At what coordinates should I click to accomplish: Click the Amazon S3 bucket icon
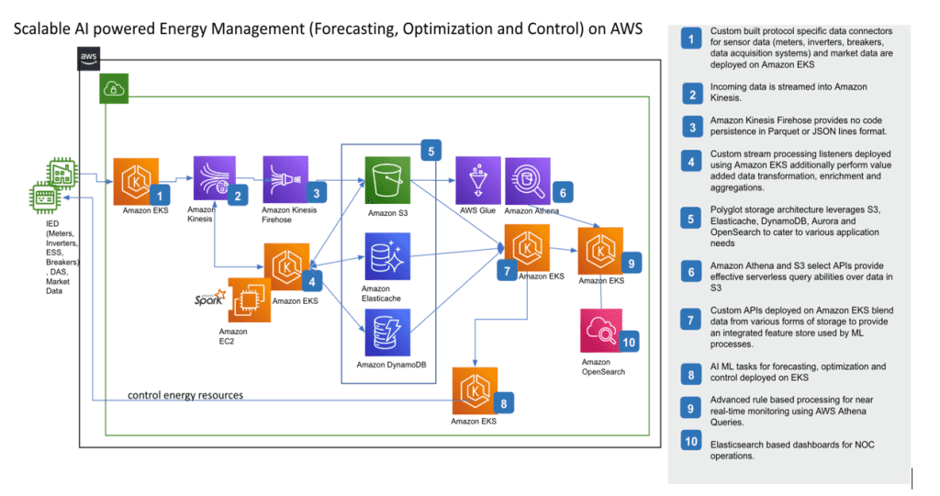(388, 180)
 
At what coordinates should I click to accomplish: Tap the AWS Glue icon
(477, 181)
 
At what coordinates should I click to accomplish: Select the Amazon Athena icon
(528, 181)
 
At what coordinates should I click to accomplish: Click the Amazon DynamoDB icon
(388, 333)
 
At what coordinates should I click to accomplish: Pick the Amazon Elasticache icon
(388, 256)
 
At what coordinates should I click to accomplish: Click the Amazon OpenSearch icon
(601, 331)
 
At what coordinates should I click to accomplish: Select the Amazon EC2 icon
(250, 299)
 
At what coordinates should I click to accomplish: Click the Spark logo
(210, 298)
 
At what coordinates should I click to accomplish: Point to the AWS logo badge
(89, 58)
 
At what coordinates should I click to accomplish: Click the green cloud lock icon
(114, 89)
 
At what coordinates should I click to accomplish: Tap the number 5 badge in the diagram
(431, 152)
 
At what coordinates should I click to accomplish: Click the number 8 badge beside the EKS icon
(504, 403)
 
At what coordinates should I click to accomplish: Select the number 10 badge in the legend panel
(691, 442)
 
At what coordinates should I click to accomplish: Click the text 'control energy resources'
(185, 395)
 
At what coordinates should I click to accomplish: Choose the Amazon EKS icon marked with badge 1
(136, 181)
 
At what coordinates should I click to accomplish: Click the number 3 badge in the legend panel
(692, 127)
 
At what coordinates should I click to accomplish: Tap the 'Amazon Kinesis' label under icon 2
(201, 214)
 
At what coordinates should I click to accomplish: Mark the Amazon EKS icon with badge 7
(527, 248)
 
